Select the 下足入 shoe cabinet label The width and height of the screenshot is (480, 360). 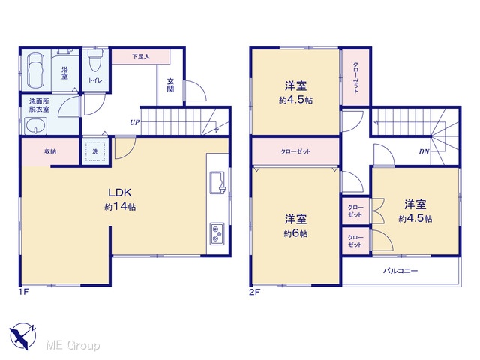tap(141, 57)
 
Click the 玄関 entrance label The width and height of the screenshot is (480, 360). tap(170, 85)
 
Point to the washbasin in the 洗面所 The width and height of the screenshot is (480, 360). tap(35, 126)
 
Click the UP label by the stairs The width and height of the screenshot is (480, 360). tap(135, 123)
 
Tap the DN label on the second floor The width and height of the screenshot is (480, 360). tap(424, 151)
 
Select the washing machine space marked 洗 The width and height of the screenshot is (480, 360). tap(95, 151)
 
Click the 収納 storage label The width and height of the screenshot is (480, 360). tap(50, 151)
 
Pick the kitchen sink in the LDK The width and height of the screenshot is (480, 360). tap(217, 183)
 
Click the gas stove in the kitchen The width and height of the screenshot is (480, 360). tap(217, 233)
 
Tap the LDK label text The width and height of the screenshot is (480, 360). tap(120, 193)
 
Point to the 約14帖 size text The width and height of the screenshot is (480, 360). tap(120, 207)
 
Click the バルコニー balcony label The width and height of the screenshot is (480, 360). tap(400, 271)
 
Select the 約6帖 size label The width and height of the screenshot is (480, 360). tap(295, 233)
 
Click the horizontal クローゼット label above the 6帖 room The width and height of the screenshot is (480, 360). tap(295, 151)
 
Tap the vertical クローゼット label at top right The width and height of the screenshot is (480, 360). tap(355, 77)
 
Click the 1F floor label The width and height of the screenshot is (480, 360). tap(23, 292)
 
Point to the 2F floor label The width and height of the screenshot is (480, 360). tap(254, 292)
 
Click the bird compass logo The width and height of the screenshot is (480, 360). tap(22, 336)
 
